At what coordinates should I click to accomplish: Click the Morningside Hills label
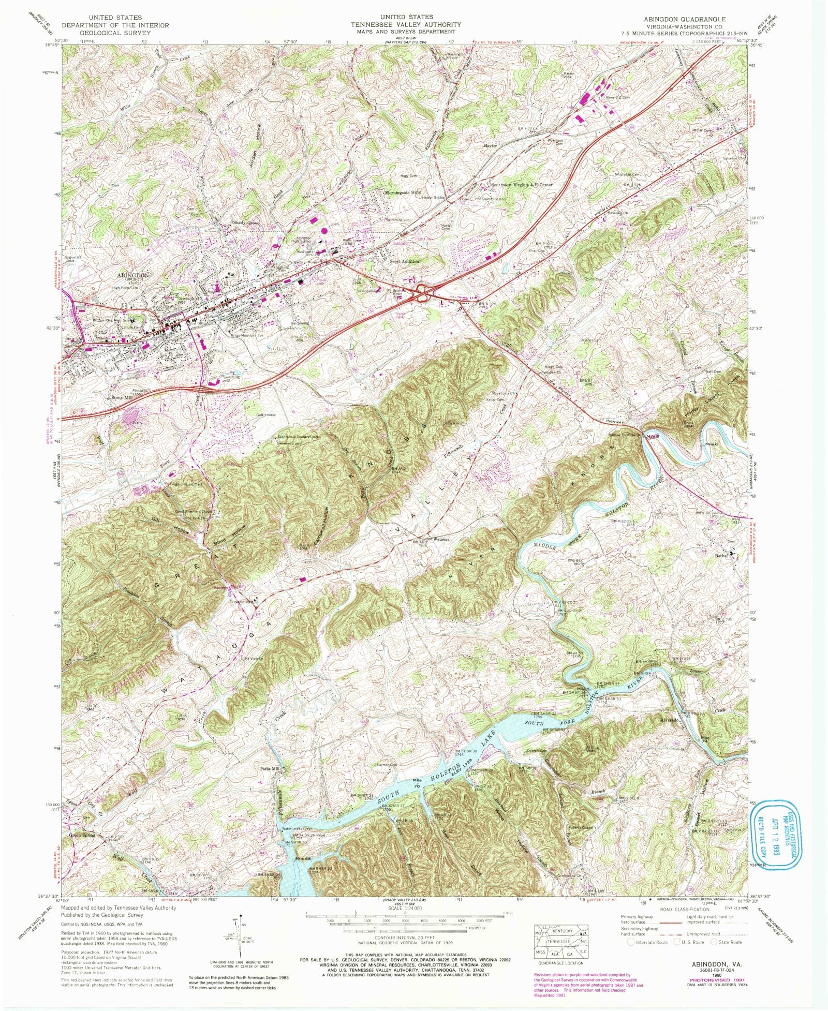(403, 192)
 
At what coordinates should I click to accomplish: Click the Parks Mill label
(269, 769)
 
